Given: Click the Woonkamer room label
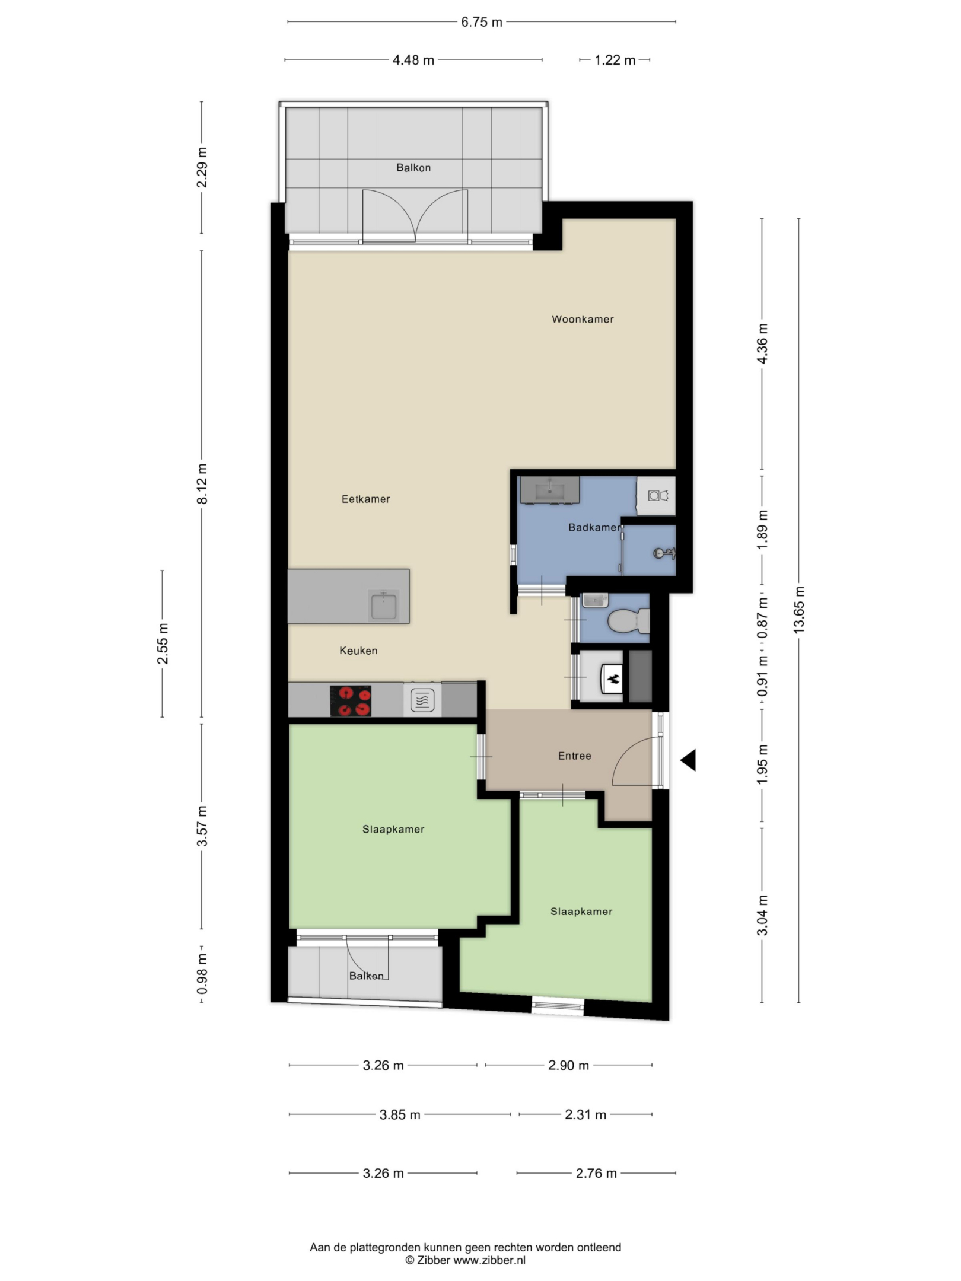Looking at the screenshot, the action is [583, 319].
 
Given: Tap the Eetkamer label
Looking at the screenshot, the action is [365, 499].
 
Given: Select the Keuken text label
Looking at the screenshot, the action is [358, 651].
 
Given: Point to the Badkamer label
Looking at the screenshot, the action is [594, 527].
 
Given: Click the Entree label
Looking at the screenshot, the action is [574, 756].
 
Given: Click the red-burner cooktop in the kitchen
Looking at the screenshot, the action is [351, 701].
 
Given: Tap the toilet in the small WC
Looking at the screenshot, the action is [628, 622].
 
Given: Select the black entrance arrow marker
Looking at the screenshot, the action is [688, 760].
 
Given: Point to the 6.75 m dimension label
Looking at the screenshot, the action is [482, 22].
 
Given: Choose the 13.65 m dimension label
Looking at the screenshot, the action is [799, 610].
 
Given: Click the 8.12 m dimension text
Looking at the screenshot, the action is [202, 484].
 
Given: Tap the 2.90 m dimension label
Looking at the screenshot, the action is [568, 1065].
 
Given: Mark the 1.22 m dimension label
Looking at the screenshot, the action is [615, 60].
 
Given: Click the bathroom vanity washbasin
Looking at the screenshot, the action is [550, 490].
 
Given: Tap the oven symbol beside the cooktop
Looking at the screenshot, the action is [422, 700].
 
